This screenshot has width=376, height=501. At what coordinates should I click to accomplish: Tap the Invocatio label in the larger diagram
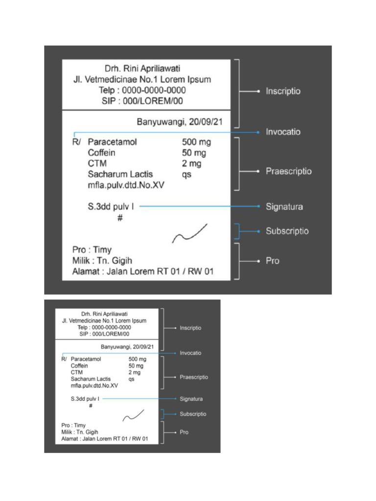(x=283, y=132)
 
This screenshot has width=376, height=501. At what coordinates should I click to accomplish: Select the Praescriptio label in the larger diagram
(x=288, y=172)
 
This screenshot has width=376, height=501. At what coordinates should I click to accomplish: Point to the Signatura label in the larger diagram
(x=284, y=207)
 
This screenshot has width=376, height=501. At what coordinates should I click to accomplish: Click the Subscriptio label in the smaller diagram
(x=193, y=414)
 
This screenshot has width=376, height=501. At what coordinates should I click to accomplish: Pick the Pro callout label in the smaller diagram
(x=184, y=433)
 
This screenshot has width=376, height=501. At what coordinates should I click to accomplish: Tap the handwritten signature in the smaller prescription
(x=133, y=415)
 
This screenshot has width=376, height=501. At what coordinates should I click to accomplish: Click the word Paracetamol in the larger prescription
(x=112, y=142)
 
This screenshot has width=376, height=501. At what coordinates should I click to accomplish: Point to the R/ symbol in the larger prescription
(x=76, y=142)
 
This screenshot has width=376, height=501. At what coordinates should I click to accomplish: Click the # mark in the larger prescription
(x=120, y=218)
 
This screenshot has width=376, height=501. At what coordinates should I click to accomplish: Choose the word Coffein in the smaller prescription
(x=79, y=365)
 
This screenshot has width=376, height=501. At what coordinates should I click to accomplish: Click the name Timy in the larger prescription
(x=102, y=250)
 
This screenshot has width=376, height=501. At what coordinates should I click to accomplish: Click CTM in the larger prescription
(x=97, y=163)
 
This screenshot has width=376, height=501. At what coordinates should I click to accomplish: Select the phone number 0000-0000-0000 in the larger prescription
(x=154, y=91)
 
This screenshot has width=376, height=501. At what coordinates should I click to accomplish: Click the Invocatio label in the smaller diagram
(x=190, y=353)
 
